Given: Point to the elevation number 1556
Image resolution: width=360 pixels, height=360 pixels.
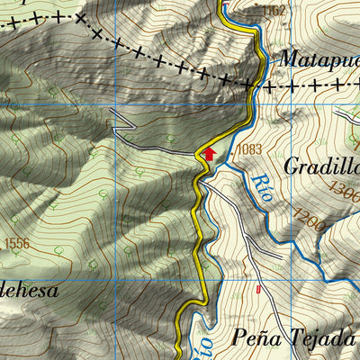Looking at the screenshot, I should [x=17, y=244].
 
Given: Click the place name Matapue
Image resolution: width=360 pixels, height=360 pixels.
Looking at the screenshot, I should [x=319, y=59].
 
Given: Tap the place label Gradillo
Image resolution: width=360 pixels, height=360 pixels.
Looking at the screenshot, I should [x=320, y=166].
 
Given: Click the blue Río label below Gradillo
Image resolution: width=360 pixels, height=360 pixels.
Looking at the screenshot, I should [x=263, y=185].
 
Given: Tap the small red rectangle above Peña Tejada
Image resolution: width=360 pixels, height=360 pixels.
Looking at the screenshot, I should [x=259, y=290].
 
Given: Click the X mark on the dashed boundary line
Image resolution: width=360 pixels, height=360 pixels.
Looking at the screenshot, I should [x=80, y=18].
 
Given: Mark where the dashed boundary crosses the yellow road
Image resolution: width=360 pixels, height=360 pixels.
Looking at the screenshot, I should [x=262, y=85].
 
